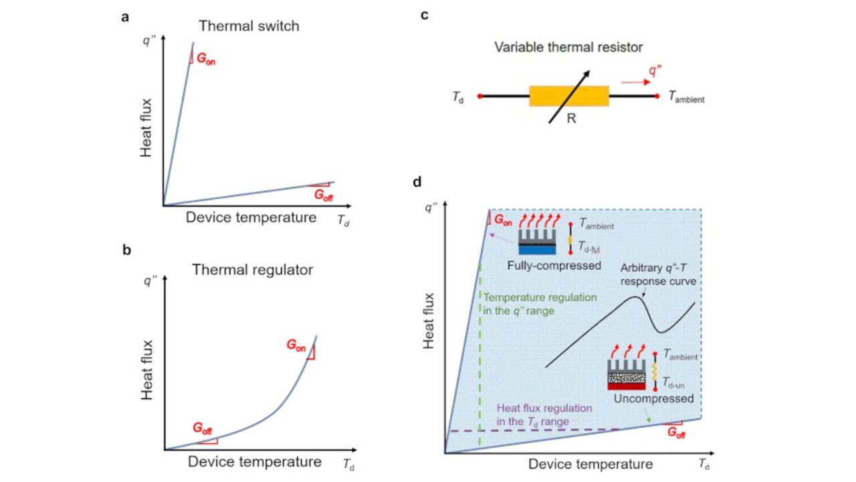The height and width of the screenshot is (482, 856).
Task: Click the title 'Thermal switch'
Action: click(x=249, y=27)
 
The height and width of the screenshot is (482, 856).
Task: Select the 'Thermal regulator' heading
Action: click(x=252, y=270)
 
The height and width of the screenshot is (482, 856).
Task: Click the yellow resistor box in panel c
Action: click(x=568, y=96)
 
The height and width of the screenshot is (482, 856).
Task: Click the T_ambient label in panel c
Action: click(x=686, y=98)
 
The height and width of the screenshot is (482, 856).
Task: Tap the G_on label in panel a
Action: click(x=206, y=60)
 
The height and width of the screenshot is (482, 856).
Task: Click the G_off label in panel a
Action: click(x=324, y=196)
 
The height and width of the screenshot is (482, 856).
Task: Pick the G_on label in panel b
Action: click(x=296, y=345)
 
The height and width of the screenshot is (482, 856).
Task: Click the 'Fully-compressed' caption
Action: click(x=554, y=266)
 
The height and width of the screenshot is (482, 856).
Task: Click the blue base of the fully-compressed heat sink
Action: click(x=538, y=250)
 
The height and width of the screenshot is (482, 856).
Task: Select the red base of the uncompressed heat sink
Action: click(x=626, y=385)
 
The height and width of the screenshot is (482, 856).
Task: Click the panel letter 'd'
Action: click(x=418, y=181)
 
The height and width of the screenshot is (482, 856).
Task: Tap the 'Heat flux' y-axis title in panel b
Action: click(x=148, y=370)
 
